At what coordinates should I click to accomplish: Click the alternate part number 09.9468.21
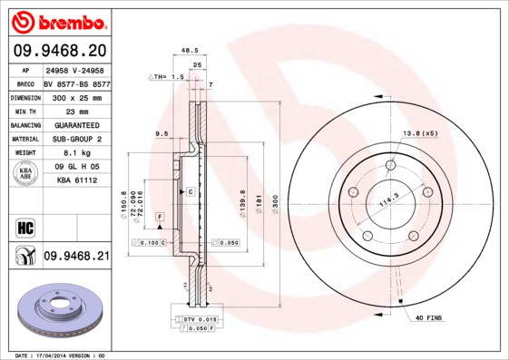point(76,257)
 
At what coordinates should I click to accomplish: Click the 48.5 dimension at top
point(190,52)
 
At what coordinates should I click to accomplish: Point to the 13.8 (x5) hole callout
point(420,133)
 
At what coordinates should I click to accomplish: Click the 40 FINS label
point(430,317)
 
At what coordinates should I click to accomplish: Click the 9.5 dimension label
point(162,134)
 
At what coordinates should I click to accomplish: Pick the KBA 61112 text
point(76,181)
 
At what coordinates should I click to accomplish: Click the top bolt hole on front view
point(390,165)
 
